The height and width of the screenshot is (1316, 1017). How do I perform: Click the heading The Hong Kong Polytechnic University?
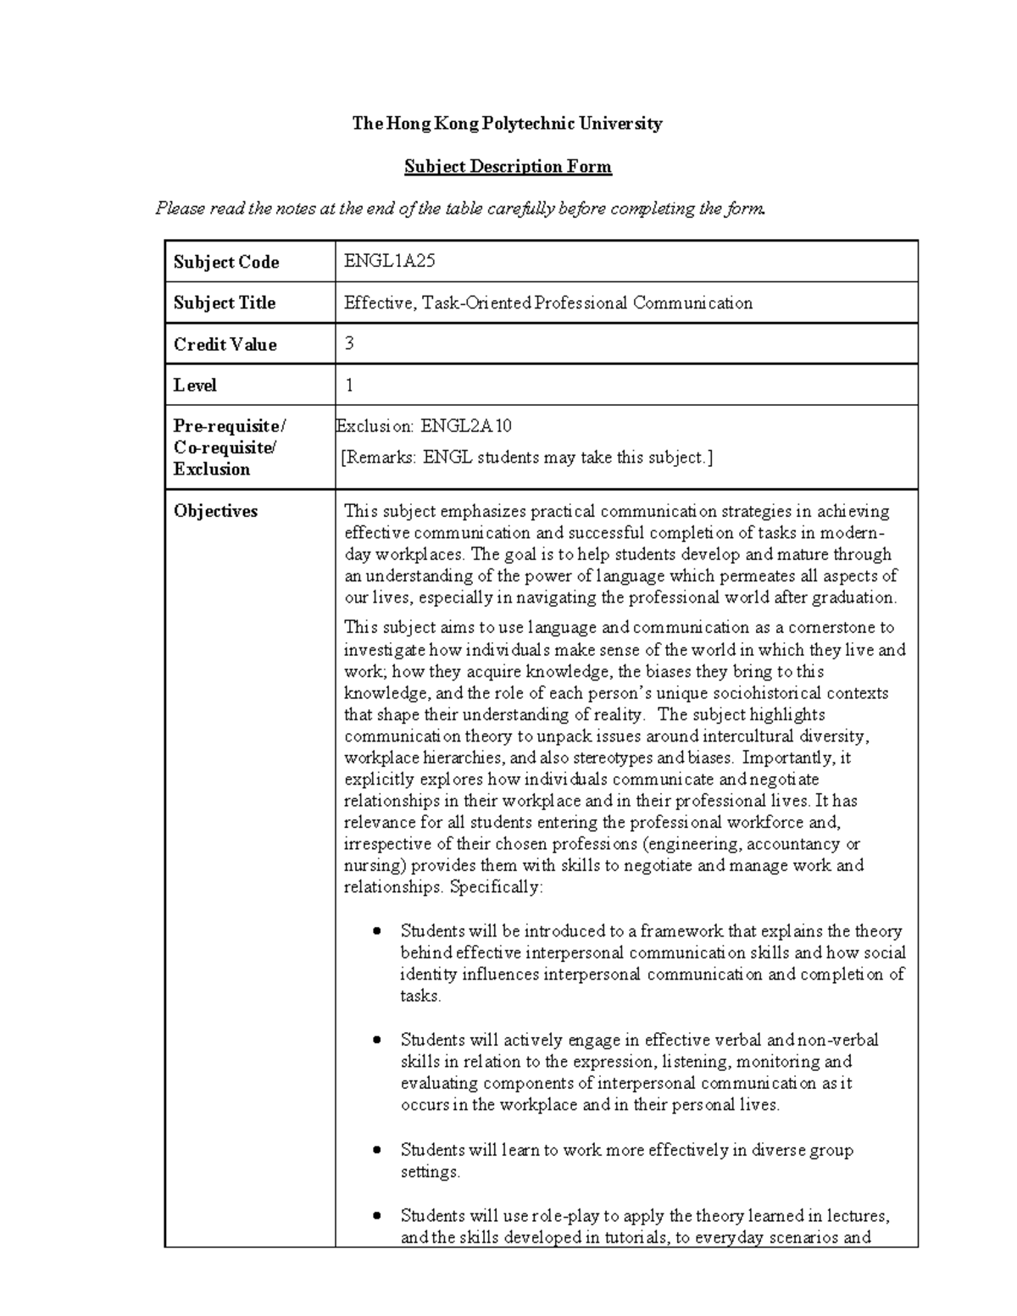(x=507, y=124)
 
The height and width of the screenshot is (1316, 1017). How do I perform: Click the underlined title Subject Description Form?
(x=507, y=166)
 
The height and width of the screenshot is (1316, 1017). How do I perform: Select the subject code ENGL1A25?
(x=390, y=261)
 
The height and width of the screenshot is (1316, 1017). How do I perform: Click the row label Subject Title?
(x=225, y=303)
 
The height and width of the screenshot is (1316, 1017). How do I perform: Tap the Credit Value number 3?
(x=349, y=343)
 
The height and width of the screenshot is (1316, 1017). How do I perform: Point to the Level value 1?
(x=349, y=385)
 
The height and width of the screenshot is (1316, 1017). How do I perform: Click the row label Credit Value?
(x=225, y=344)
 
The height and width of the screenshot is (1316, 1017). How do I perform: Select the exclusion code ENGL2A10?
(x=467, y=425)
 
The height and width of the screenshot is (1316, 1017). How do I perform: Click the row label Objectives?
(x=215, y=511)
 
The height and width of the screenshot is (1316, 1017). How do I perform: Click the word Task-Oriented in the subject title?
(x=475, y=303)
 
